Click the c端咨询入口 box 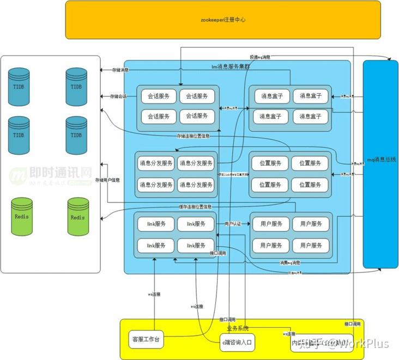(237, 342)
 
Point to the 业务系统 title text (238, 328)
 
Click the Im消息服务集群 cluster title (231, 66)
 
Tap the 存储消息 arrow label (120, 70)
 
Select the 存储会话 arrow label (118, 96)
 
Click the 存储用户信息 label (107, 180)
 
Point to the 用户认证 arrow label (233, 224)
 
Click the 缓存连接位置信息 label (195, 207)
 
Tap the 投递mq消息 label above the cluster (260, 57)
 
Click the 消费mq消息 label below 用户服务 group (289, 263)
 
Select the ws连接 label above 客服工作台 (154, 294)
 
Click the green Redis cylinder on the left (22, 217)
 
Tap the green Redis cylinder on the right (77, 217)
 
